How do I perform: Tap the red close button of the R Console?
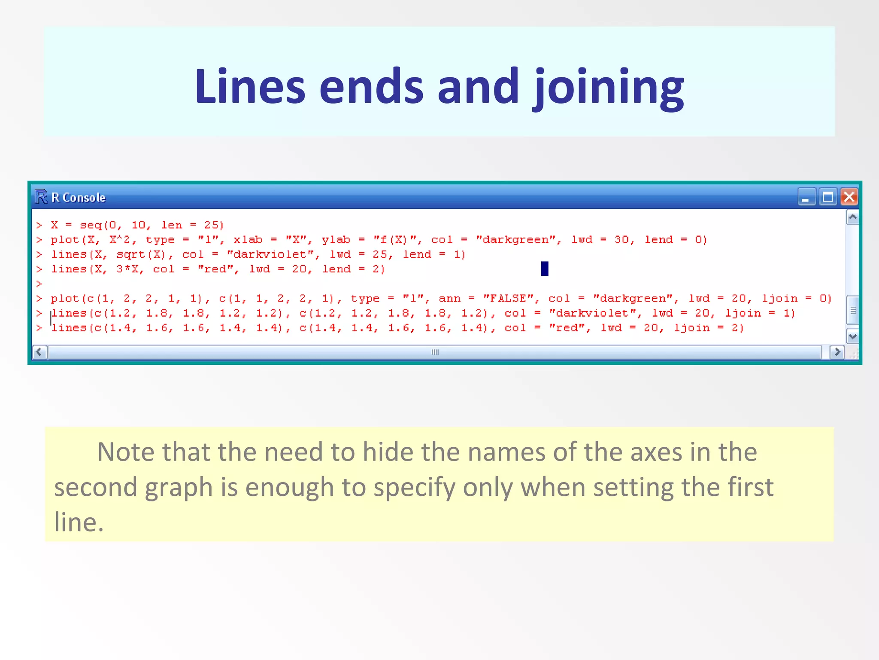[849, 197]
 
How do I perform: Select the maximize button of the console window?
[827, 197]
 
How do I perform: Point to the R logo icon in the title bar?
[41, 197]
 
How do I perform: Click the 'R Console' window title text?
[79, 198]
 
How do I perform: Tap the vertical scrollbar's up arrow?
[852, 217]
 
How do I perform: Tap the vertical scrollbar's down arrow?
[852, 336]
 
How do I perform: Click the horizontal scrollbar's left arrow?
[40, 352]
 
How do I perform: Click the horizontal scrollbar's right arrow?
[837, 352]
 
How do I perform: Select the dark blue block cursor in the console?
[545, 269]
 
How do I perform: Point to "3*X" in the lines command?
[127, 269]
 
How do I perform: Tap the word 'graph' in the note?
[179, 488]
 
